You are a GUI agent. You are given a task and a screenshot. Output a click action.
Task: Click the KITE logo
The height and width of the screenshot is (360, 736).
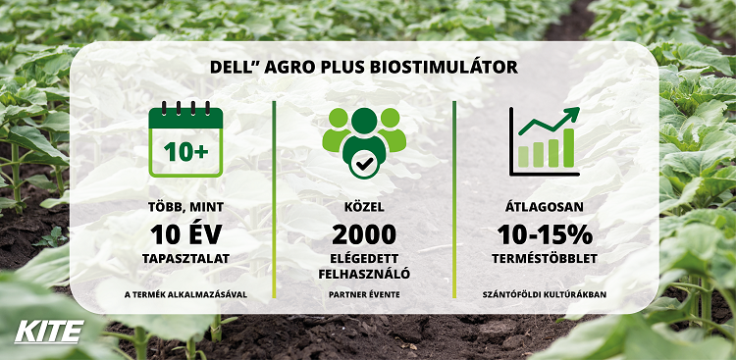tap(48, 331)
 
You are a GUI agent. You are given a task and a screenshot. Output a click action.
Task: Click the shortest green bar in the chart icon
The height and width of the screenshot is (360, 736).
tap(523, 156)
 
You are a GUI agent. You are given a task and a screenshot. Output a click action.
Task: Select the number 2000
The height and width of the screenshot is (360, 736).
tap(363, 234)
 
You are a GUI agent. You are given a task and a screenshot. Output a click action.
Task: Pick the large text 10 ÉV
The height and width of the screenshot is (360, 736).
tap(185, 235)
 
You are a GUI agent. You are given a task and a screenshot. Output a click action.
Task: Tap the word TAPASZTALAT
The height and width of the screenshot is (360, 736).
tap(185, 260)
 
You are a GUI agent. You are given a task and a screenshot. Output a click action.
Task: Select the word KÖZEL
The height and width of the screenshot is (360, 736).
tap(363, 208)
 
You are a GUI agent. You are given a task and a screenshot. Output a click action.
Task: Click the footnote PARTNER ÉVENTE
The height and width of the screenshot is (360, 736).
tap(363, 293)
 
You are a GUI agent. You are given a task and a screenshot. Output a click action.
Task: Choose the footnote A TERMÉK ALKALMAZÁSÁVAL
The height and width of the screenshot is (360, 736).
tap(185, 293)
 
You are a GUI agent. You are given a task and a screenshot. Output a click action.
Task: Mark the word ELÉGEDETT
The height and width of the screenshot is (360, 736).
tap(363, 259)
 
